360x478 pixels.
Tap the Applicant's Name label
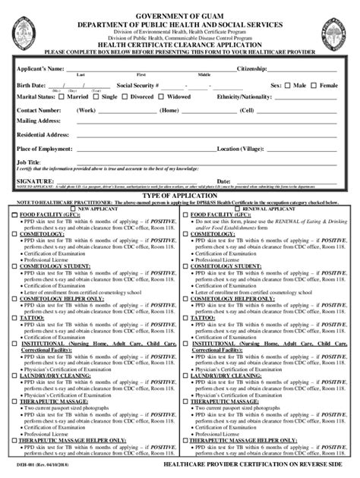click(39, 69)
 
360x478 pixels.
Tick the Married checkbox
click(61, 97)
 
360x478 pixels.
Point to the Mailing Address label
click(39, 121)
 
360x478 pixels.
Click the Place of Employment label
click(45, 149)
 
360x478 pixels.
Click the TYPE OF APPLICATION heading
click(179, 195)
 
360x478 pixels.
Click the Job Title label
click(30, 162)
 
